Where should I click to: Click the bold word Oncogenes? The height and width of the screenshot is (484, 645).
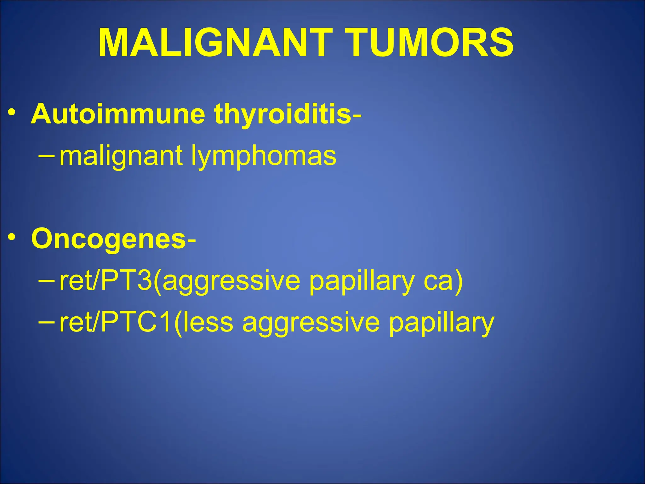[109, 239]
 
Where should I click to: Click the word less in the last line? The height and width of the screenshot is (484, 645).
[208, 322]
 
